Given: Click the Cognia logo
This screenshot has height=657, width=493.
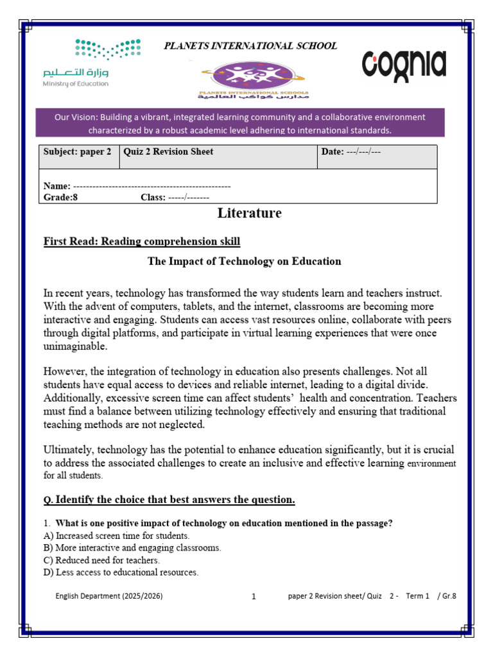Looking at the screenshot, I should (404, 64).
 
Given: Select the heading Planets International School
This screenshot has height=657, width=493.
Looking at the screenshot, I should (250, 46).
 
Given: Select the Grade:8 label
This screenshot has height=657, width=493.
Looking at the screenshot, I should (60, 197).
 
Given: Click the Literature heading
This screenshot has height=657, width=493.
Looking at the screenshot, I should (249, 213).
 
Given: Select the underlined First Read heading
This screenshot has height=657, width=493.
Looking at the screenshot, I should (141, 241).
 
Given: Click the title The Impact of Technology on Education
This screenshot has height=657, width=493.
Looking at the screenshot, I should (245, 262).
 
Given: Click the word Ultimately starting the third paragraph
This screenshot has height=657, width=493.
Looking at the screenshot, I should (68, 450).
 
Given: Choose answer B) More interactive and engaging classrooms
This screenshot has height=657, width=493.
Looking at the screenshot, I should (132, 548).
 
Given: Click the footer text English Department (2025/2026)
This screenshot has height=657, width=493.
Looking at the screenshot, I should (109, 596).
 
